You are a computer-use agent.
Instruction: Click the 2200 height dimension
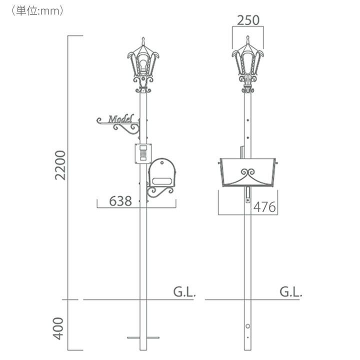60,165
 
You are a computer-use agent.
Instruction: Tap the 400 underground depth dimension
58,328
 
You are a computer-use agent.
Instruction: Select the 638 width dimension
120,201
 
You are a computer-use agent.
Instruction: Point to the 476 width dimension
264,207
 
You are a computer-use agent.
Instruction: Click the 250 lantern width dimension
248,20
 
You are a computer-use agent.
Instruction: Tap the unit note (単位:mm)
37,11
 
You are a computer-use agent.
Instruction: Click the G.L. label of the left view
184,292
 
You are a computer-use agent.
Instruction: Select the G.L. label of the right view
290,292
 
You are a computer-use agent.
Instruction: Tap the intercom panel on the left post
143,153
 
